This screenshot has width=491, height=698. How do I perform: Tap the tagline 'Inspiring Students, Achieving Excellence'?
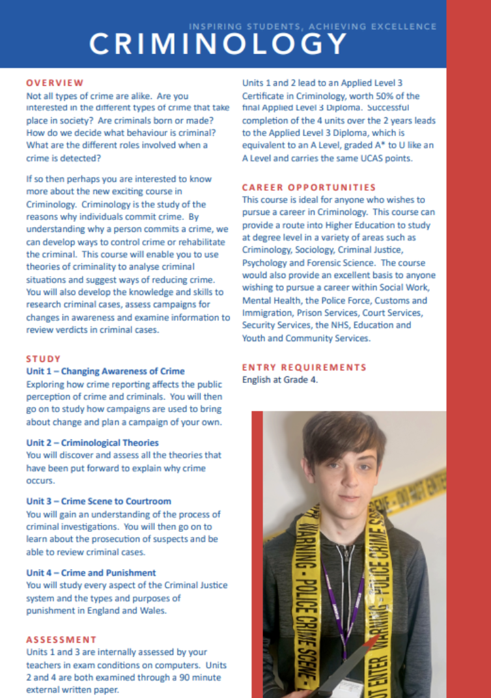click(x=313, y=27)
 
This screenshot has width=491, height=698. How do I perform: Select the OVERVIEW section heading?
click(x=55, y=83)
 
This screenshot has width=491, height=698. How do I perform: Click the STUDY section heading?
click(x=44, y=359)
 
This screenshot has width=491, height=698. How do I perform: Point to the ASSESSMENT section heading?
click(x=61, y=639)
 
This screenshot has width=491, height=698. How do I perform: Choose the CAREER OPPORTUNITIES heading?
click(x=309, y=188)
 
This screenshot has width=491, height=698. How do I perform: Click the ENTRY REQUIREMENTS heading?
click(x=304, y=367)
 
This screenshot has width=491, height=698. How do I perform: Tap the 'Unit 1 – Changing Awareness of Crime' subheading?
click(x=105, y=371)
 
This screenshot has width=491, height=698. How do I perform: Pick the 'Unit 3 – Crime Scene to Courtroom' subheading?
click(x=98, y=501)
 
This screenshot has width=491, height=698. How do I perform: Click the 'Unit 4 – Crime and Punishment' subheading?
click(x=91, y=573)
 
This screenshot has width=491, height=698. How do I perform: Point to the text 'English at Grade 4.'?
click(x=280, y=380)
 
